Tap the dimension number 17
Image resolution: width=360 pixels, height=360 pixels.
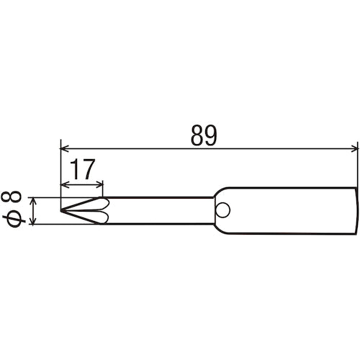[x=83, y=170]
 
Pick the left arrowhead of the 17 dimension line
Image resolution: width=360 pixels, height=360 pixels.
[x=65, y=183]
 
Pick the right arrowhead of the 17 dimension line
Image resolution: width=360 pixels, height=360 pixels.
[x=100, y=183]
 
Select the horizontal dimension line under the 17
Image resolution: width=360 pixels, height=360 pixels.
[x=83, y=183]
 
